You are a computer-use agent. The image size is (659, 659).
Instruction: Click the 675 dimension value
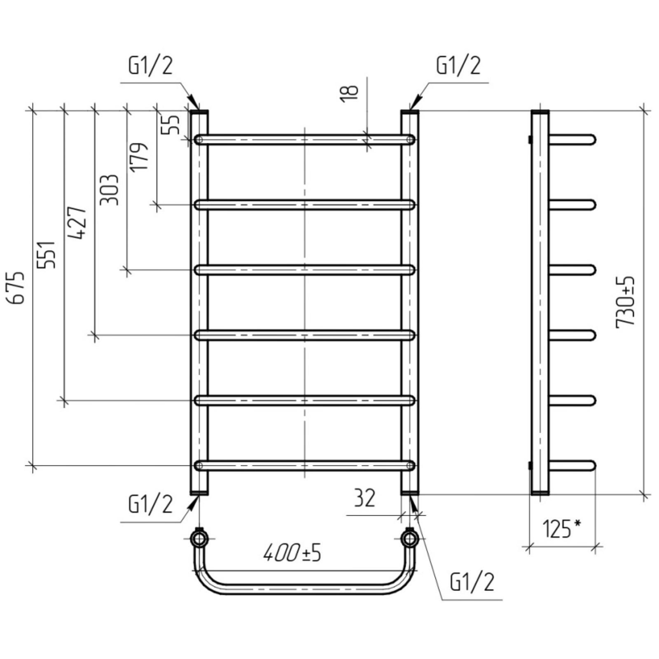click(19, 287)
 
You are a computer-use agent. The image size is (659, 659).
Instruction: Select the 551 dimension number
click(47, 255)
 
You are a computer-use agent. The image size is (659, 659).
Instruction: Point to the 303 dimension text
click(110, 189)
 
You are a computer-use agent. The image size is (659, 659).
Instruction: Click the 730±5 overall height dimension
click(626, 302)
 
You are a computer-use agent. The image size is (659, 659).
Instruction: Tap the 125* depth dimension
click(562, 529)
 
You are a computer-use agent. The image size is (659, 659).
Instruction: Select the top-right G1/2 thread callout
click(458, 65)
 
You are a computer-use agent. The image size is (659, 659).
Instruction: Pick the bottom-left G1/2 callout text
click(150, 504)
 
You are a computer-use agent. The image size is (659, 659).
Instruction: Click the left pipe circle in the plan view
click(199, 538)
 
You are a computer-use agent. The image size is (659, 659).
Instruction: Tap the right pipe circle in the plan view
click(410, 538)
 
